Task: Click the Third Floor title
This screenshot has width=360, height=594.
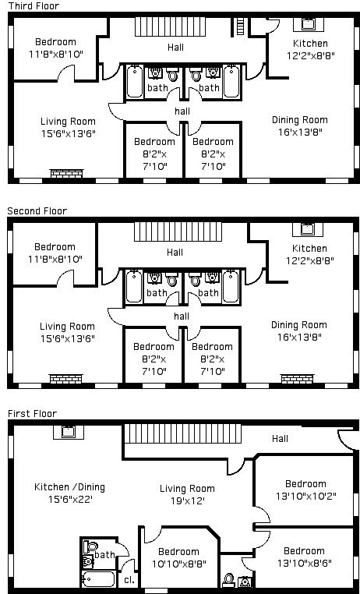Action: coord(34,5)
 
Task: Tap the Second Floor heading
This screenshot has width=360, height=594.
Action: coord(37,211)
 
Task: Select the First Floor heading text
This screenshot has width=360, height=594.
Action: coord(33,414)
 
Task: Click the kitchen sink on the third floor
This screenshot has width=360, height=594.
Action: coord(309,24)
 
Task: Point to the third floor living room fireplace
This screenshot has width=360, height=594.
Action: coord(67,174)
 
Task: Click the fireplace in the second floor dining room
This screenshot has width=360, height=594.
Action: coord(297,379)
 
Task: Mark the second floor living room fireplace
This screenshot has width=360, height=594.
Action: coord(66,379)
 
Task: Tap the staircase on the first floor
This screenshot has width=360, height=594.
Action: coord(183,433)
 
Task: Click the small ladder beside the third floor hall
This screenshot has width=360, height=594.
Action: coord(240,27)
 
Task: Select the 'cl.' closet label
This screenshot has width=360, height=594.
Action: coord(129,580)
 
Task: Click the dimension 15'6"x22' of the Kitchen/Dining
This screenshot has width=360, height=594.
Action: coord(70,500)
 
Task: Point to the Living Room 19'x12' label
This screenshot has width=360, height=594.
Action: coord(187,494)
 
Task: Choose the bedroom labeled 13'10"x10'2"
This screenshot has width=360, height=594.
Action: coord(305,490)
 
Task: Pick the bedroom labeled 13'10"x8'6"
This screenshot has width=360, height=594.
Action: coord(305,557)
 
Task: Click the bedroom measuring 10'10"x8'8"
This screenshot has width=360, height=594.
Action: coord(178,557)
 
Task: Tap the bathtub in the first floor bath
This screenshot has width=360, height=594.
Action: coord(99,579)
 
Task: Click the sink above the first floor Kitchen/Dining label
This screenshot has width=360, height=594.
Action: coord(68,432)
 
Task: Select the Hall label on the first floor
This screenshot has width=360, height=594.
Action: coord(280,439)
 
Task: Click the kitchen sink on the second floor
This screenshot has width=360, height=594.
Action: coord(307,229)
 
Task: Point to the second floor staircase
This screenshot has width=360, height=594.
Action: coord(178,232)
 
